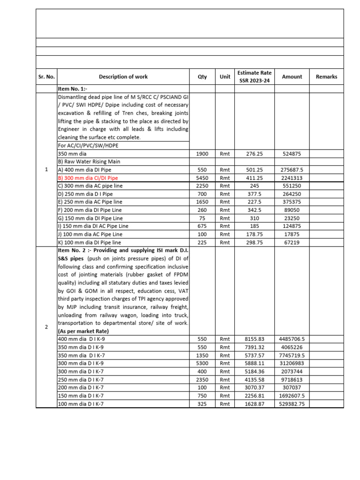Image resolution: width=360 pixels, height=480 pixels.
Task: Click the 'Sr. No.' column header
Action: (x=46, y=77)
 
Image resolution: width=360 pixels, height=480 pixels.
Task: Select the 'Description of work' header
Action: (x=123, y=77)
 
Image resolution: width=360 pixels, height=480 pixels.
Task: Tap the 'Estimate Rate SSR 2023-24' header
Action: (x=255, y=77)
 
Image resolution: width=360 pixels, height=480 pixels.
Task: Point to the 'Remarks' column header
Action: (x=326, y=77)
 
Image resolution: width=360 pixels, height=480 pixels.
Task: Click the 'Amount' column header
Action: (x=292, y=77)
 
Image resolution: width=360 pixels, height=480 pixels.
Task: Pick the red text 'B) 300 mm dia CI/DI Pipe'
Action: (x=88, y=178)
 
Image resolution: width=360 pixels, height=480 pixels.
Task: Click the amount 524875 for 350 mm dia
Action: (x=292, y=153)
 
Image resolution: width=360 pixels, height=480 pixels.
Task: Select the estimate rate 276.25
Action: (x=255, y=153)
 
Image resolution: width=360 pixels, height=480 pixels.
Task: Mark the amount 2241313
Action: (x=292, y=178)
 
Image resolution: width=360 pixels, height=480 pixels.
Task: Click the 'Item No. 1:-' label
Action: (x=73, y=88)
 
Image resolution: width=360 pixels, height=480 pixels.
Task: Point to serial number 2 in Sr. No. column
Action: (x=46, y=327)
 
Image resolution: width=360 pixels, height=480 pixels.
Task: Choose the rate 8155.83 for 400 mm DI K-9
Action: (x=255, y=339)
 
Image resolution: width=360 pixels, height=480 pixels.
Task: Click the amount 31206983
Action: (x=292, y=363)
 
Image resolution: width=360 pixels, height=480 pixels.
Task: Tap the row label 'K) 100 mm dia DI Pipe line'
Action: (x=89, y=242)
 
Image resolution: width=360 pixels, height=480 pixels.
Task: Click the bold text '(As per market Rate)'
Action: (x=82, y=331)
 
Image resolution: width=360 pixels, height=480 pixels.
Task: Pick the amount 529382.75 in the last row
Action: (x=292, y=404)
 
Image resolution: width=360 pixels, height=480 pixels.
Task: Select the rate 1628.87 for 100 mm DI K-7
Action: (x=255, y=404)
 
